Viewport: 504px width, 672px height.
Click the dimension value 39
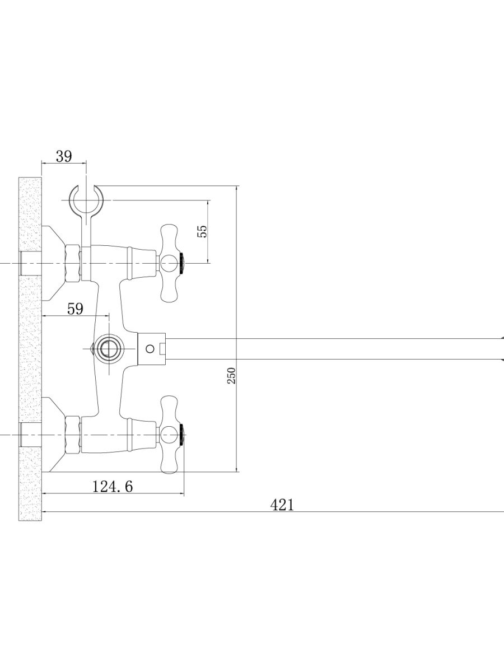click(x=64, y=156)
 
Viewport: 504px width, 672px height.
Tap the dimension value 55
click(x=202, y=231)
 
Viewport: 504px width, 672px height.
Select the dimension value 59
click(x=75, y=309)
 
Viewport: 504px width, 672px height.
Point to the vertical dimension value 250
click(x=232, y=376)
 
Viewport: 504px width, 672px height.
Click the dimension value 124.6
click(x=113, y=486)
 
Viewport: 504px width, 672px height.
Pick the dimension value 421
click(x=282, y=505)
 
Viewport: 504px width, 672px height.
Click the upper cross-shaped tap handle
click(x=169, y=263)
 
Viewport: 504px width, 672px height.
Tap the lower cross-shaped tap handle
click(x=169, y=435)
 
